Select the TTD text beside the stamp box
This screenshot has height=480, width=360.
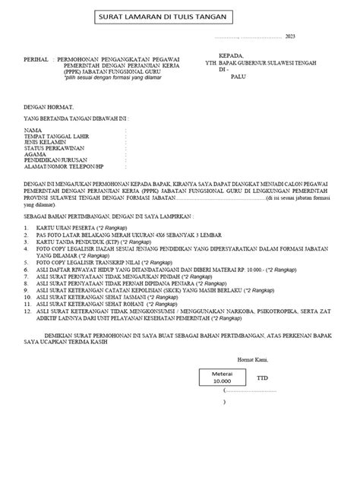click(262, 377)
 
